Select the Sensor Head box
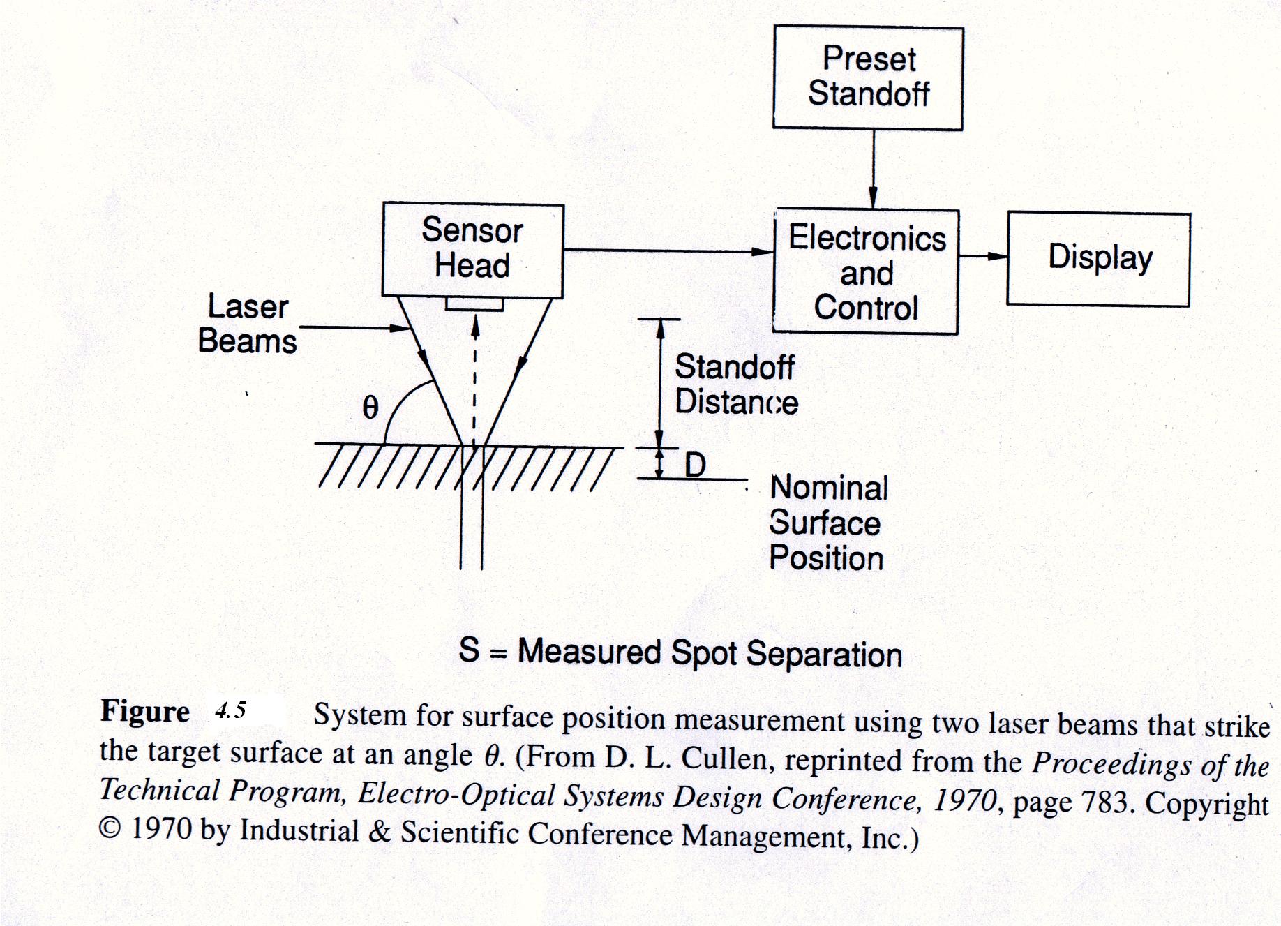tap(472, 249)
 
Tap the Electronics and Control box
tap(866, 272)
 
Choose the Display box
tap(1099, 259)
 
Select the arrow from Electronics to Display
tap(983, 256)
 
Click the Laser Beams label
tap(248, 324)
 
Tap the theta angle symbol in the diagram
tap(370, 408)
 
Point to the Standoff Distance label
tap(735, 384)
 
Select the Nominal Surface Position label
tap(827, 523)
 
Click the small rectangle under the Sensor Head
tap(474, 304)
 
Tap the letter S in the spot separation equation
tap(470, 650)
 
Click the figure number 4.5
tap(230, 710)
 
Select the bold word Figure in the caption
tap(145, 711)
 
